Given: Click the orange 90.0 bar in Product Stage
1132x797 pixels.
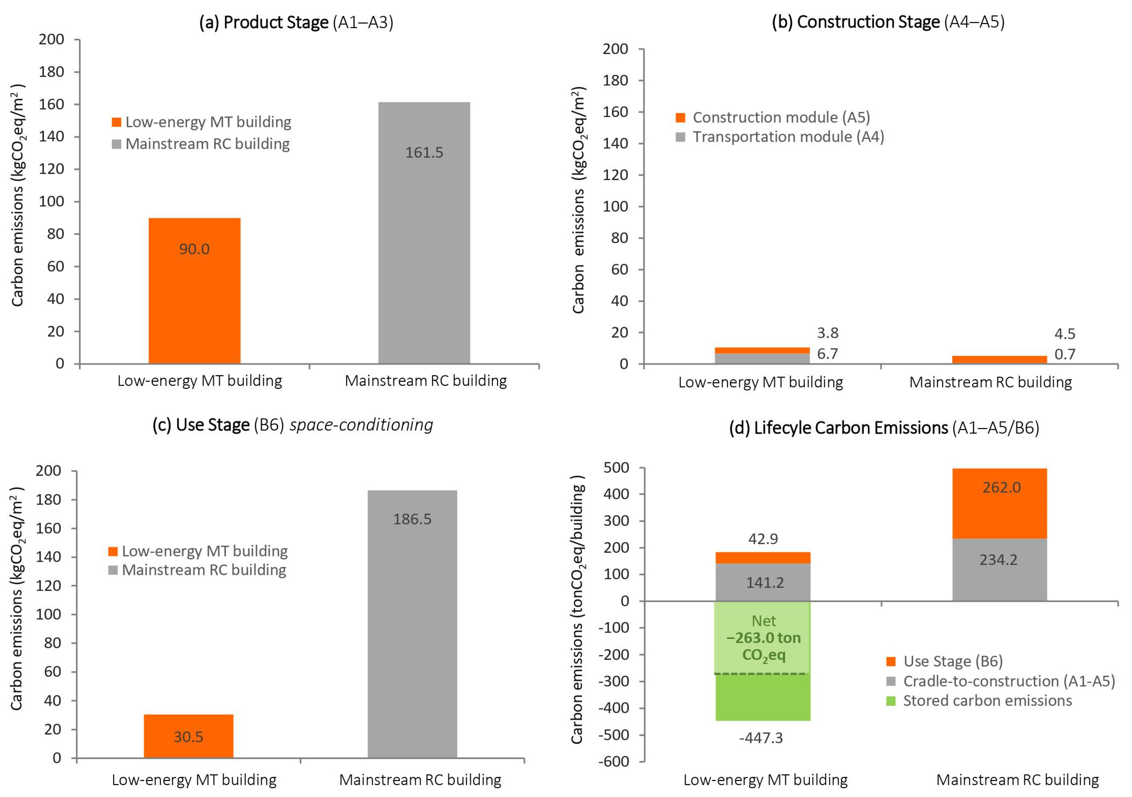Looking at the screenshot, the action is point(194,291).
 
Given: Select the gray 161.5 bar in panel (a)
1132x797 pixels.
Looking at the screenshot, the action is point(424,233).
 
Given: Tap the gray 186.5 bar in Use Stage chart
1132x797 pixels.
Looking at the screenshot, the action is point(412,624).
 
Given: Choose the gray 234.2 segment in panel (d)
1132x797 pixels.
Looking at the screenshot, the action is point(999,570).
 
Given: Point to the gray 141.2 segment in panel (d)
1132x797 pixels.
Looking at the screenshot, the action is point(763,582).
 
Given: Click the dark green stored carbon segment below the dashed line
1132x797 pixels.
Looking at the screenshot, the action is point(763,697).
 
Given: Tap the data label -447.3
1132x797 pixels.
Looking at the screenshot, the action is point(761,738).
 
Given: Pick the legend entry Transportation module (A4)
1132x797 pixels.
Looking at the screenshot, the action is point(780,137).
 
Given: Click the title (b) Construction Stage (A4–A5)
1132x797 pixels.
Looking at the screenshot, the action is point(888,22).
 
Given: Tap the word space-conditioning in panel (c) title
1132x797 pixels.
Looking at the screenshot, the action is point(361,425).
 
